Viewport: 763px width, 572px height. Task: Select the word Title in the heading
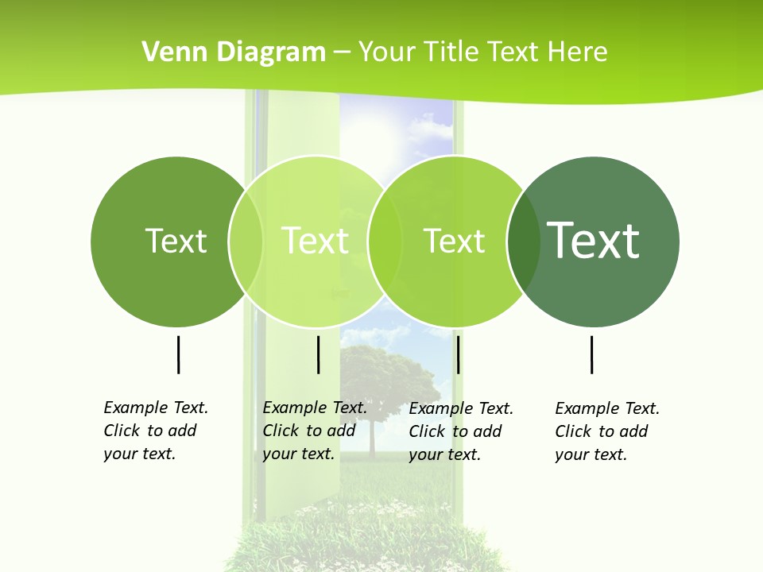coord(451,52)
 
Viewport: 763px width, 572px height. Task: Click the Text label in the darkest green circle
coord(593,240)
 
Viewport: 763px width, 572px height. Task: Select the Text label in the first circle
coord(176,241)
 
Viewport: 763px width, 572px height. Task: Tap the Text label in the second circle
coord(316,241)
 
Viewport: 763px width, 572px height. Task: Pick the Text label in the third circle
coord(454,241)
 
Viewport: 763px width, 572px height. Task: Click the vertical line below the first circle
coord(178,354)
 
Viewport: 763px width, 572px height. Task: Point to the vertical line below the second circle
coord(318,354)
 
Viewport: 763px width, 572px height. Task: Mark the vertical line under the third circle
coord(459,354)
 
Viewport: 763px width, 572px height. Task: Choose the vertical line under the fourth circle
coord(592,354)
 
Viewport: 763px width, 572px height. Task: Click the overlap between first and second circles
coord(246,242)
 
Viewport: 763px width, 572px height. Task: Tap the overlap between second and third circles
coord(385,242)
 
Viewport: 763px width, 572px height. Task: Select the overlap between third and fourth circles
coord(524,242)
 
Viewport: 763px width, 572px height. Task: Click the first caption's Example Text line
coord(156,408)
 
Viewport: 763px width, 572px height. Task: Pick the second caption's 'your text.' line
coord(298,454)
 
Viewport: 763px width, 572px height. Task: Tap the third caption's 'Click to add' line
coord(455,431)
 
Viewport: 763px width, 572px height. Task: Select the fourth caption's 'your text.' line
coord(591,454)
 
